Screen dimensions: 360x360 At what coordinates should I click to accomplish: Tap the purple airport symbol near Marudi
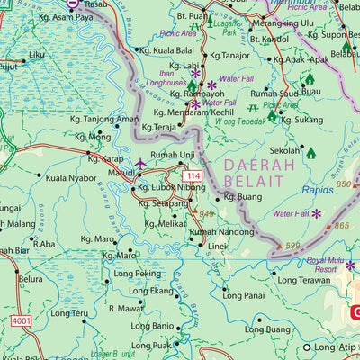pos(141,165)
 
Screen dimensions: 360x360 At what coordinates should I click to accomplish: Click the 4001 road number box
pos(22,319)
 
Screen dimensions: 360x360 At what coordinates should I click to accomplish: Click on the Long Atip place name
pos(334,346)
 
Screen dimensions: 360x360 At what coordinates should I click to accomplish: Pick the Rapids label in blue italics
pos(317,190)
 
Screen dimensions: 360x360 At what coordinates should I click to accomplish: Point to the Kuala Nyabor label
pos(70,178)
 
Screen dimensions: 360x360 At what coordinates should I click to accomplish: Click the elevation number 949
pos(207,214)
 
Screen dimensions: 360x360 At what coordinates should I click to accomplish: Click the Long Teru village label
pos(68,313)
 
